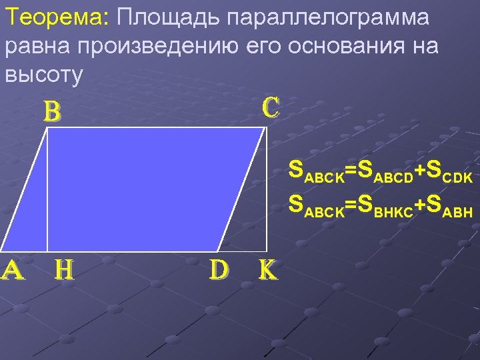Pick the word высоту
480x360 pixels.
(44, 75)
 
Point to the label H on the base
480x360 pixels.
(64, 269)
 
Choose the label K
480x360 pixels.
(267, 269)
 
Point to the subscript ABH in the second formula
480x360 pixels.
(458, 213)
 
